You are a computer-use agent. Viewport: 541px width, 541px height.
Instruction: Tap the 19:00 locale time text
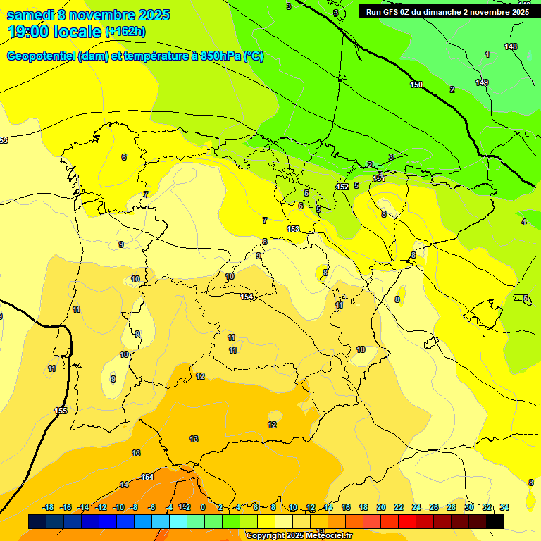pyautogui.click(x=55, y=32)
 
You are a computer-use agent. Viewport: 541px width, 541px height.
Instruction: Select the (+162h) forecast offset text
pyautogui.click(x=125, y=32)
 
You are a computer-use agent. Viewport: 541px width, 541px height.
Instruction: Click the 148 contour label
pyautogui.click(x=511, y=47)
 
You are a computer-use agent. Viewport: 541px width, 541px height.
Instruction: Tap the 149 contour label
pyautogui.click(x=482, y=83)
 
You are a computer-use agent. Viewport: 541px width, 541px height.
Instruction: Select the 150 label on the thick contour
pyautogui.click(x=416, y=85)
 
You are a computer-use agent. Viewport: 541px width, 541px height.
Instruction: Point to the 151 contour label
pyautogui.click(x=379, y=179)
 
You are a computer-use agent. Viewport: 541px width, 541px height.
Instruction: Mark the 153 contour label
pyautogui.click(x=293, y=229)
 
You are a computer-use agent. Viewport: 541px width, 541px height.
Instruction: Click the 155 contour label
pyautogui.click(x=61, y=411)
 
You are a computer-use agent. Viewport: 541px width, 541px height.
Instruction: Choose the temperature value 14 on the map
pyautogui.click(x=124, y=485)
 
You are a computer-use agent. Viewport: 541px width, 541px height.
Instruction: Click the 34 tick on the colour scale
pyautogui.click(x=504, y=507)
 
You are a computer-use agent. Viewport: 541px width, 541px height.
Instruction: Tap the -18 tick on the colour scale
pyautogui.click(x=49, y=507)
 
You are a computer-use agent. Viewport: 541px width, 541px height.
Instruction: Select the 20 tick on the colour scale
pyautogui.click(x=381, y=507)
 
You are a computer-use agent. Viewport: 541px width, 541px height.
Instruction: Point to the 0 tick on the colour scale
pyautogui.click(x=203, y=507)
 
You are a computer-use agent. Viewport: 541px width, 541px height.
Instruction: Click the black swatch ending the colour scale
pyautogui.click(x=495, y=521)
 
